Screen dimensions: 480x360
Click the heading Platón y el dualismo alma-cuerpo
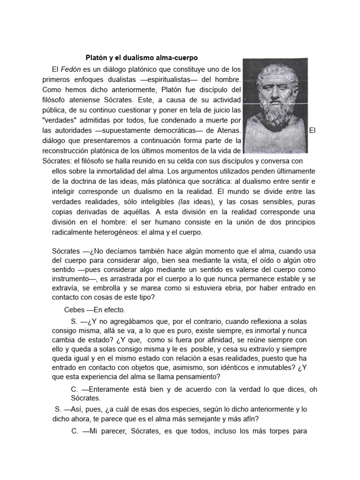click(x=142, y=58)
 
